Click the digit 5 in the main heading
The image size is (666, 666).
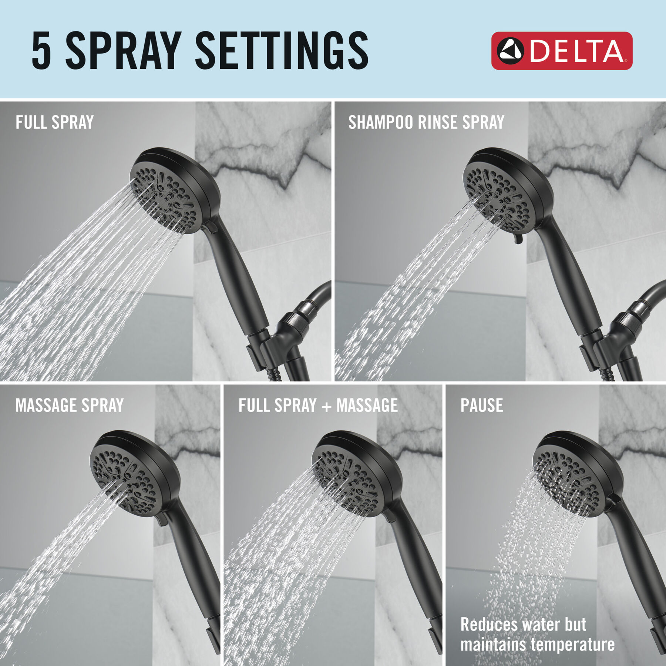pyautogui.click(x=41, y=51)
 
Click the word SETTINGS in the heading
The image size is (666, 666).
pyautogui.click(x=282, y=51)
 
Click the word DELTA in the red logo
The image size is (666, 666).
pyautogui.click(x=577, y=51)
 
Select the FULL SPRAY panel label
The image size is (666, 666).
pyautogui.click(x=54, y=122)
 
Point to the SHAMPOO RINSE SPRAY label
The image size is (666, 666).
pyautogui.click(x=426, y=122)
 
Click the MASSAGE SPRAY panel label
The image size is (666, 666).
pyautogui.click(x=70, y=406)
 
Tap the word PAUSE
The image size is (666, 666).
pyautogui.click(x=481, y=406)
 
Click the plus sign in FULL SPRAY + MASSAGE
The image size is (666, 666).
pyautogui.click(x=326, y=407)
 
